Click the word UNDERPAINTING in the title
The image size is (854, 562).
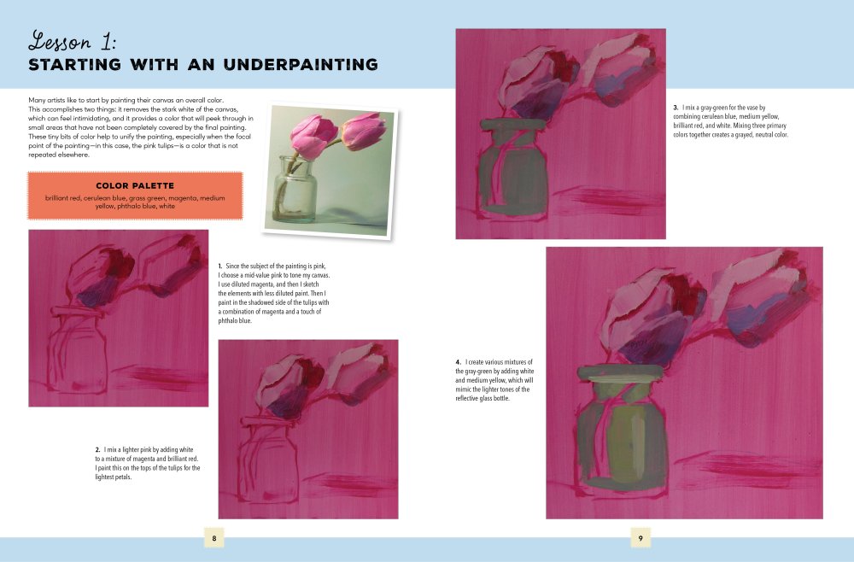(295, 65)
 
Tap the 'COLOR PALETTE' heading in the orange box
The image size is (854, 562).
(135, 184)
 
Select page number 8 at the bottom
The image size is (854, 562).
(213, 538)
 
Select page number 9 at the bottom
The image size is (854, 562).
(640, 538)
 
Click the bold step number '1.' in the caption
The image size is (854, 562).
(220, 266)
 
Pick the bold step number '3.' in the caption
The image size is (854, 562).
(676, 107)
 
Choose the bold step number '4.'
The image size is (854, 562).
(459, 363)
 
